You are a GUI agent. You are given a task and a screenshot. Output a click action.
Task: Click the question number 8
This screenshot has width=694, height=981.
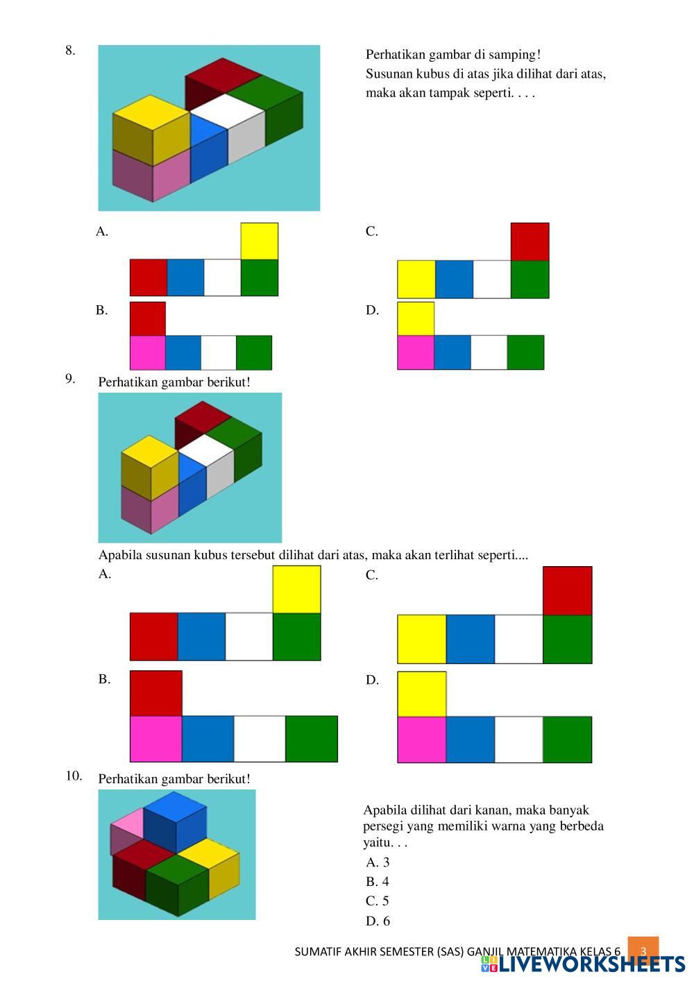click(x=70, y=50)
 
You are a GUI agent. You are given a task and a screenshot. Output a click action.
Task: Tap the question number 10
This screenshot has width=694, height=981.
click(x=74, y=776)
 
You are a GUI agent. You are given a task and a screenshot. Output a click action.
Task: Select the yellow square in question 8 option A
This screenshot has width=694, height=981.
click(x=260, y=241)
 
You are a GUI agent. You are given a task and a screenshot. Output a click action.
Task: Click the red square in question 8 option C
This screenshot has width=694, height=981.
click(x=530, y=241)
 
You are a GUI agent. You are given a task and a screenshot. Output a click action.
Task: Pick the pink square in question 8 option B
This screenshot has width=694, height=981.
click(x=148, y=352)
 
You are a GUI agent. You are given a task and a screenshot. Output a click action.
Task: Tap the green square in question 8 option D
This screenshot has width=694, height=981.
click(x=525, y=352)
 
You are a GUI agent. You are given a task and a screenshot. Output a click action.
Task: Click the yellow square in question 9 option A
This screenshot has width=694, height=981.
click(x=296, y=589)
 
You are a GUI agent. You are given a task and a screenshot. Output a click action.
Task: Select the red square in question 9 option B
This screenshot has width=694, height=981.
click(x=156, y=693)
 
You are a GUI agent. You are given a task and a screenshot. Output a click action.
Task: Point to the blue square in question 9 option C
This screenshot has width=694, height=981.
click(x=470, y=639)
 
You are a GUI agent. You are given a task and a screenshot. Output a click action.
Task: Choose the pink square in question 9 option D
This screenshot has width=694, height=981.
click(x=421, y=740)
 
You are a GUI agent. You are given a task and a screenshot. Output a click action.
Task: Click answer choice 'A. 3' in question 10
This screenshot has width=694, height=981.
click(x=378, y=862)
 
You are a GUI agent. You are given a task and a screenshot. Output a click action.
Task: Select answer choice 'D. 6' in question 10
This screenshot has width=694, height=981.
click(x=378, y=921)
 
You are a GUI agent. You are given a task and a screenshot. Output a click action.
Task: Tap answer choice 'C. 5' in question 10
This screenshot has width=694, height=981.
click(x=378, y=901)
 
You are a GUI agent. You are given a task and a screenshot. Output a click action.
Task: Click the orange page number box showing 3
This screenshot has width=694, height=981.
click(x=643, y=951)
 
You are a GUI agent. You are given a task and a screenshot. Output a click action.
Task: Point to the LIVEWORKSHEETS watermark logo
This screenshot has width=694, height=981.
click(x=583, y=964)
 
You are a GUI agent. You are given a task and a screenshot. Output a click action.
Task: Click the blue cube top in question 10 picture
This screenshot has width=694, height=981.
click(x=175, y=806)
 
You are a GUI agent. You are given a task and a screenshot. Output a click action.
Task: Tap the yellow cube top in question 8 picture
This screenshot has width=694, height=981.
click(x=151, y=111)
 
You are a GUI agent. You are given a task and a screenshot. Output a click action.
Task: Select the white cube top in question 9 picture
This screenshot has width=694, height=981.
click(x=205, y=447)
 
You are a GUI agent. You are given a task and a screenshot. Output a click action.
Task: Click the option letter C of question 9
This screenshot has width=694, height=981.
click(x=372, y=575)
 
